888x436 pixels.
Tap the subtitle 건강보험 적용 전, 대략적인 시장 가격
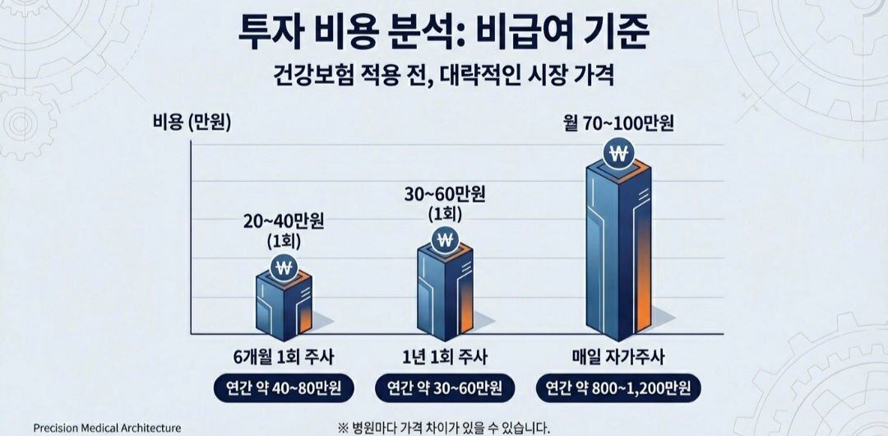[444, 81]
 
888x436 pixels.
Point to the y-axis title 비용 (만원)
[192, 123]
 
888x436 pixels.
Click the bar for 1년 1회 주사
[445, 288]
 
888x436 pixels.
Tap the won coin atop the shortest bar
[284, 268]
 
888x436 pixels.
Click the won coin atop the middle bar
[446, 241]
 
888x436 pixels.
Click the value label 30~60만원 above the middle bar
[445, 195]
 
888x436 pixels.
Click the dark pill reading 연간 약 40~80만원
[284, 387]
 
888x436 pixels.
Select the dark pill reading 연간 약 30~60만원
[445, 387]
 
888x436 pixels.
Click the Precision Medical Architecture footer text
[107, 428]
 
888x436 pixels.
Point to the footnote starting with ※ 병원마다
[443, 427]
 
